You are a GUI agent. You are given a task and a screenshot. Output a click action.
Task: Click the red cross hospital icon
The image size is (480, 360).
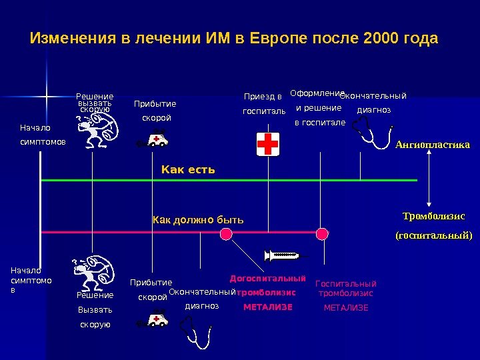pyautogui.click(x=268, y=143)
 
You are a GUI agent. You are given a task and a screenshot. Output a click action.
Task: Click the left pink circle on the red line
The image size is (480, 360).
pyautogui.click(x=226, y=233)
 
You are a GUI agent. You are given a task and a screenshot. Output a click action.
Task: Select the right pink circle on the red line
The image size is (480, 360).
pyautogui.click(x=322, y=233)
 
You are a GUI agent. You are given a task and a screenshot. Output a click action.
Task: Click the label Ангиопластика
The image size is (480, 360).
pyautogui.click(x=432, y=145)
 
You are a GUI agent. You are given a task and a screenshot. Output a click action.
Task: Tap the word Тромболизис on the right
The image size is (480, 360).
pyautogui.click(x=434, y=217)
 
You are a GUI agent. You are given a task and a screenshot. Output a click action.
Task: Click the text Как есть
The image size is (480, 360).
pyautogui.click(x=188, y=170)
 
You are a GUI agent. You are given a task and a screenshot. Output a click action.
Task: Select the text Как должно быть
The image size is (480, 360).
pyautogui.click(x=199, y=219)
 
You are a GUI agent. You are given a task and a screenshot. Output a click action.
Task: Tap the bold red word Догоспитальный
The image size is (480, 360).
pyautogui.click(x=267, y=278)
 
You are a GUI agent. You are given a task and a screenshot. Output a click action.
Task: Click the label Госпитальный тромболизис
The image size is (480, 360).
pyautogui.click(x=345, y=288)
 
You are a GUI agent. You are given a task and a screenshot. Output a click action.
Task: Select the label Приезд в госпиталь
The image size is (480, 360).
pyautogui.click(x=263, y=103)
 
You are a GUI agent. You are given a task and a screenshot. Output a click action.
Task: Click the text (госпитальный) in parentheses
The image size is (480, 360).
pyautogui.click(x=434, y=235)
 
